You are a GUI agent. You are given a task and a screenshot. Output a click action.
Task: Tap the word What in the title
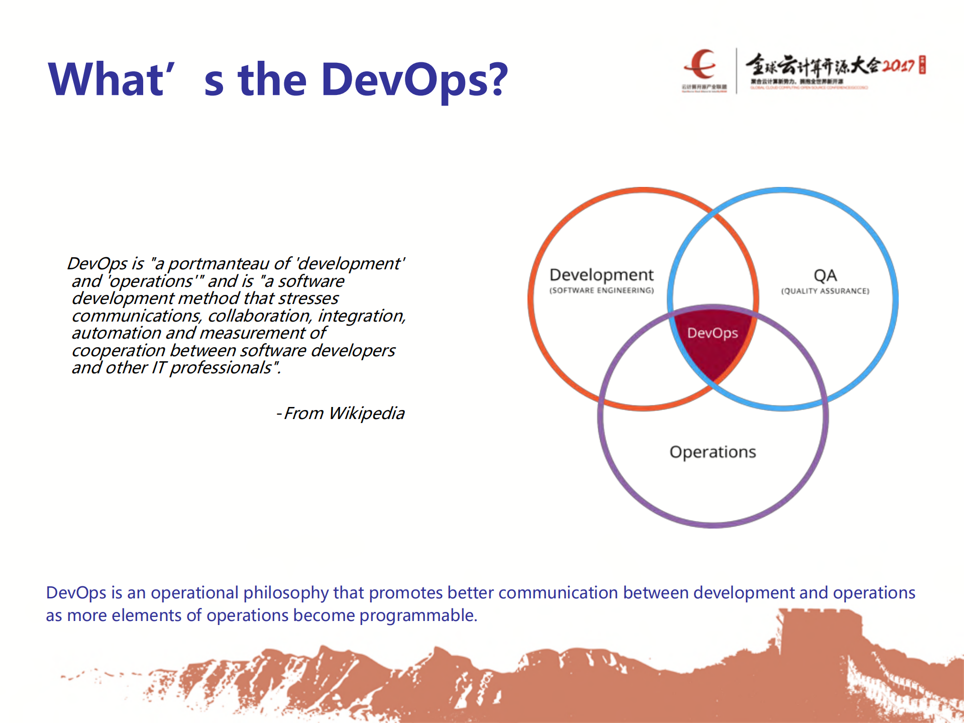pos(105,80)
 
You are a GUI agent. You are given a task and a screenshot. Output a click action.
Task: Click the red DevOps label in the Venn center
pos(712,333)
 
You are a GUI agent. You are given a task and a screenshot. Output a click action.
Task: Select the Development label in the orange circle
pos(601,275)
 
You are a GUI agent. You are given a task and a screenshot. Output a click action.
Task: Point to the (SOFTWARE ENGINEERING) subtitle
pos(601,290)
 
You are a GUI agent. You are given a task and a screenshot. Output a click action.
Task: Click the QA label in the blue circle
pos(825,275)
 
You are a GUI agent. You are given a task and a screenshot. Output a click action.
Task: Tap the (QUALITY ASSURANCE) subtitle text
pos(825,291)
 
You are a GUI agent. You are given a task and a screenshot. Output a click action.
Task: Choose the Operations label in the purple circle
pos(712,452)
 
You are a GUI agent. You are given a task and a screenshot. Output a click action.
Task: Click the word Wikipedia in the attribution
pos(366,414)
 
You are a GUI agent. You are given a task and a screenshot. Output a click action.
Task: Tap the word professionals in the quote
pos(221,368)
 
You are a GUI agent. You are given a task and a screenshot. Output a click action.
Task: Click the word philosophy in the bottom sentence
pos(286,593)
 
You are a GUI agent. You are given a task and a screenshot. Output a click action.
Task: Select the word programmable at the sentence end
pos(418,615)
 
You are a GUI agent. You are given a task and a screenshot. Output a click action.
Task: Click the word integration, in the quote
pos(361,316)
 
